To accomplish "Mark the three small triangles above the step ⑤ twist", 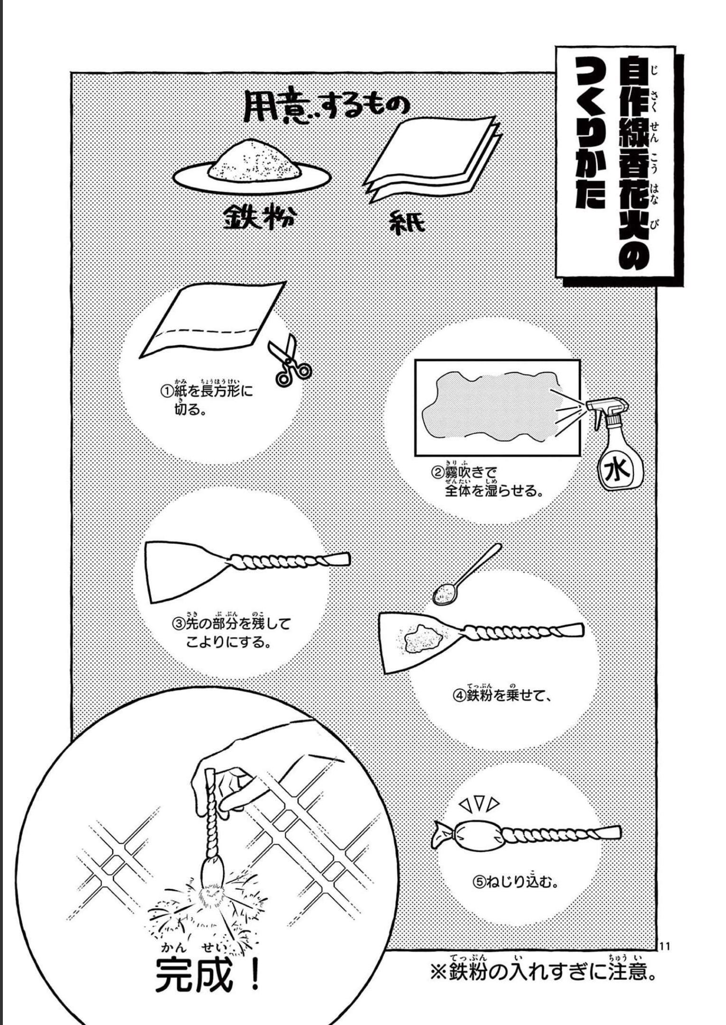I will point(480,803).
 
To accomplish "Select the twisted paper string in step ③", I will point(285,561).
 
